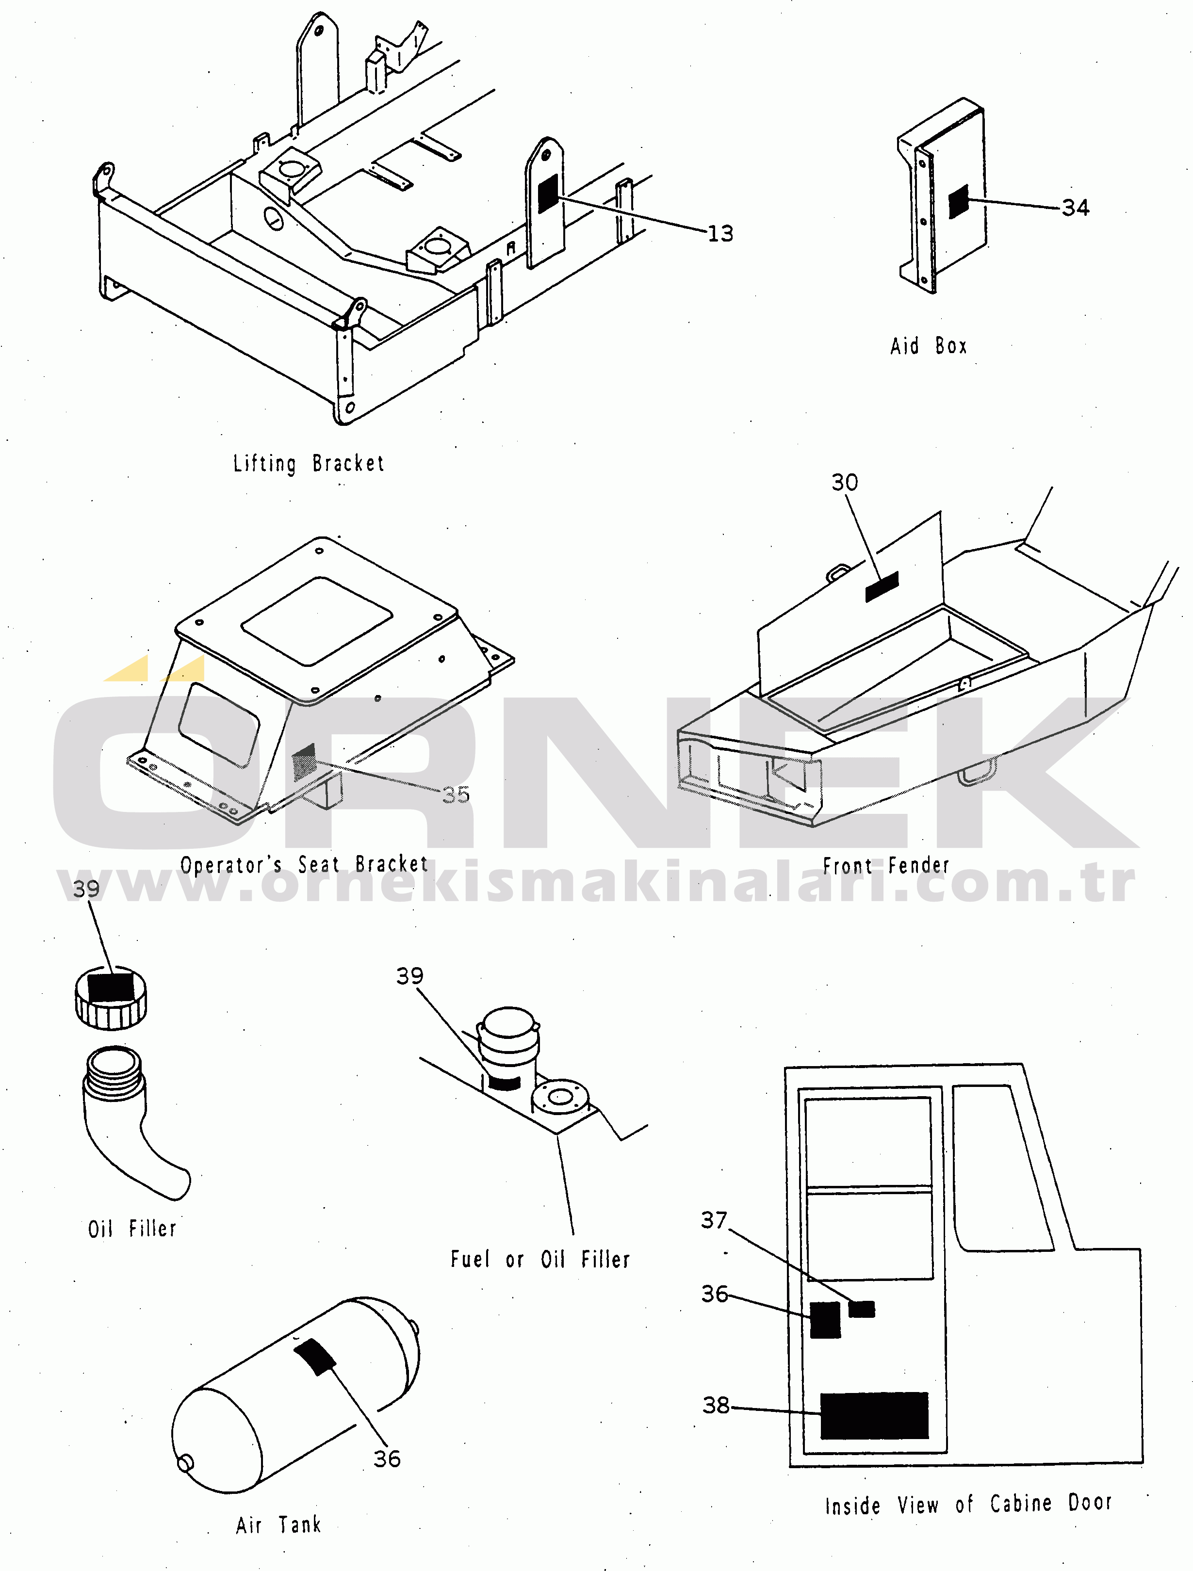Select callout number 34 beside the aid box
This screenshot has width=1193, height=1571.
click(1075, 208)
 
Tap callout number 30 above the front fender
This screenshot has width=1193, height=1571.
click(845, 482)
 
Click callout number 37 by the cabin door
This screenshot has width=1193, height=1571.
click(714, 1220)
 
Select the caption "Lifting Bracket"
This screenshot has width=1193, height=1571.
click(309, 464)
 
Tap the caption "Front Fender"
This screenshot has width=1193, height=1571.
click(885, 866)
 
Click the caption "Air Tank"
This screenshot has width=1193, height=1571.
click(278, 1525)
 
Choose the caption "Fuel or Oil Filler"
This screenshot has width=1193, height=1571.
click(540, 1260)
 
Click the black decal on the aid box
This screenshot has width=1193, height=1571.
click(959, 202)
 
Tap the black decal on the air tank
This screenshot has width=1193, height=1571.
click(315, 1357)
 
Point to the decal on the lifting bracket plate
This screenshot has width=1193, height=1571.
click(547, 194)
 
